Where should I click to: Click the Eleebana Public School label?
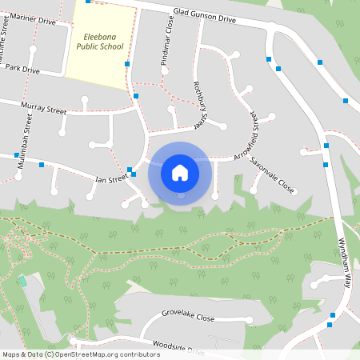coord(100,42)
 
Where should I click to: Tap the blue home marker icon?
coord(180,173)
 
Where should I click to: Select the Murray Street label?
coord(44,109)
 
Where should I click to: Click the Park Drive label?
coord(22,70)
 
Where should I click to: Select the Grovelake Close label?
coord(188,318)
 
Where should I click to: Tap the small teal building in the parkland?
coord(22,281)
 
